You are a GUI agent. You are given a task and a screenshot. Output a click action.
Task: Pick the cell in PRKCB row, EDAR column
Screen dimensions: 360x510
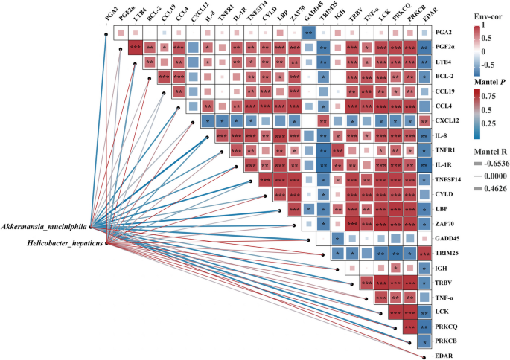tap(424, 341)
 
